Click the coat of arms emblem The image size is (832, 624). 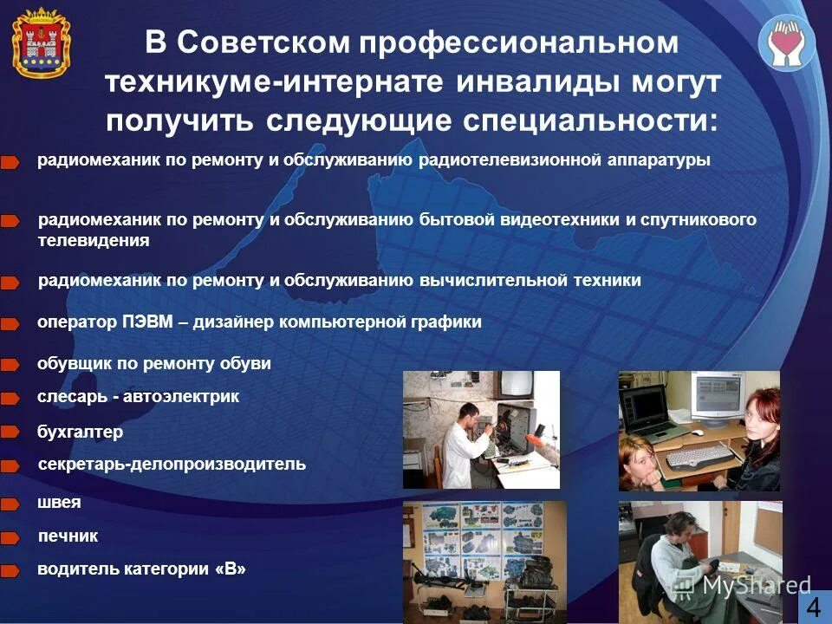tap(41, 42)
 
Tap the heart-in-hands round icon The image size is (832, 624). tap(787, 42)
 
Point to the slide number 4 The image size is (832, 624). tap(813, 607)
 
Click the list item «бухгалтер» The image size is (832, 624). tap(80, 432)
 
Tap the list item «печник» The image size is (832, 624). tap(68, 536)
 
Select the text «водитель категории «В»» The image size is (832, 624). tap(141, 569)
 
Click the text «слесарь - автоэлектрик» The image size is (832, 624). tap(138, 396)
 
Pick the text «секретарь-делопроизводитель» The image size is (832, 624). tap(172, 464)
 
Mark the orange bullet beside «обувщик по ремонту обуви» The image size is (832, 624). tap(10, 365)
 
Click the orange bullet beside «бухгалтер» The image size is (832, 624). tap(10, 432)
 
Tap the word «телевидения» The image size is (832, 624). tap(94, 241)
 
